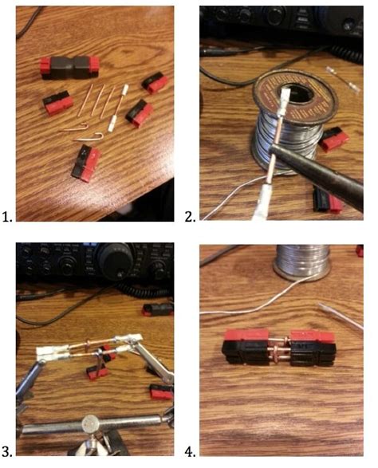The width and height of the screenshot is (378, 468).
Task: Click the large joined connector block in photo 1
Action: pos(70,66)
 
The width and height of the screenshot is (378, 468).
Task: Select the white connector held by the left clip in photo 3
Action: pos(57,349)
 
